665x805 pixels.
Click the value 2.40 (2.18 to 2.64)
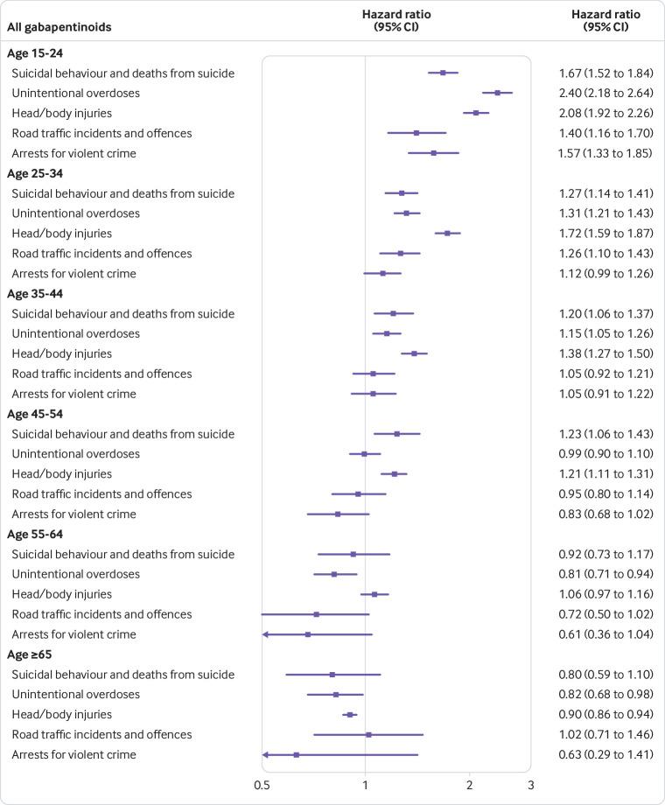click(605, 93)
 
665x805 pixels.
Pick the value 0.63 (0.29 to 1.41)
click(605, 754)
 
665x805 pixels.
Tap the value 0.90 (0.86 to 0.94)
click(605, 714)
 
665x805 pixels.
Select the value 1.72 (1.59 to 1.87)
click(605, 234)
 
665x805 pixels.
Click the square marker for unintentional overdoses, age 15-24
click(497, 93)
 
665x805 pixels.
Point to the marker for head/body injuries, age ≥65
click(350, 714)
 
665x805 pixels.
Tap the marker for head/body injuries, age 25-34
click(447, 234)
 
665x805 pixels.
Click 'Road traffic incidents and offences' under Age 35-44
click(101, 374)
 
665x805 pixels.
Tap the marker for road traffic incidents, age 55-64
click(316, 614)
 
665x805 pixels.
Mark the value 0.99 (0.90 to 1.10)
click(605, 453)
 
